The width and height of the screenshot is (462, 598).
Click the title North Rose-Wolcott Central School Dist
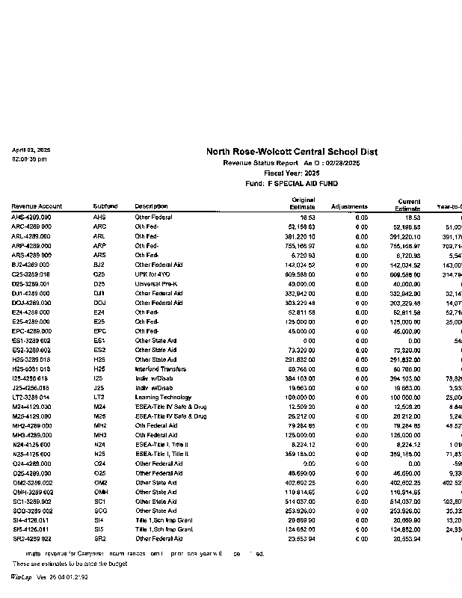point(292,152)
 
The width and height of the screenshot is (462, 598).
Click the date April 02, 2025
point(31,150)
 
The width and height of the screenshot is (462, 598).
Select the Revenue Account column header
point(37,206)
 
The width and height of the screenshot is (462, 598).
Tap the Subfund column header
point(105,206)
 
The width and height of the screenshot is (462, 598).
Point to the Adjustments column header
point(349,206)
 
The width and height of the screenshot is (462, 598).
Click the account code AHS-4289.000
point(31,217)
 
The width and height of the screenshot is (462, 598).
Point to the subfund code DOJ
point(99,302)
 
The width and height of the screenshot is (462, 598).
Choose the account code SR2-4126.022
point(31,538)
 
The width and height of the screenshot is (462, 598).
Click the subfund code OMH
point(99,491)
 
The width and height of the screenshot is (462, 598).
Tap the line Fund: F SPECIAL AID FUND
point(292,183)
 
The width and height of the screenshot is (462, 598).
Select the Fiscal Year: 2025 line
point(292,173)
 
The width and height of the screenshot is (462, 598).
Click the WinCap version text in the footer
point(49,577)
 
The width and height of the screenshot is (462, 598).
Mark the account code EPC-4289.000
point(31,330)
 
